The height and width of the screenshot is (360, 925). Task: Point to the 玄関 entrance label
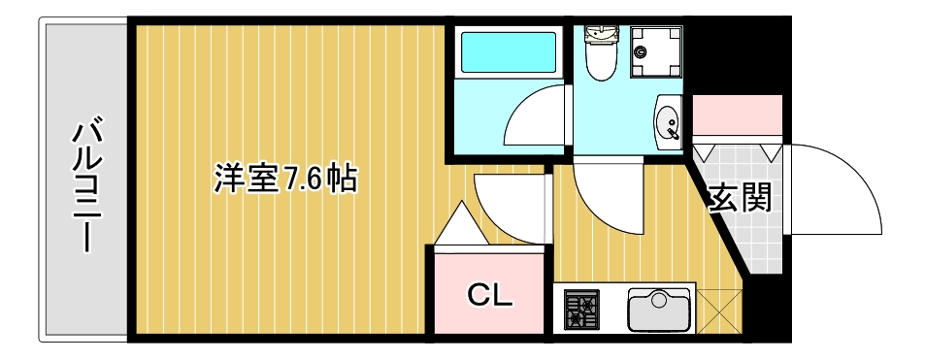tap(742, 198)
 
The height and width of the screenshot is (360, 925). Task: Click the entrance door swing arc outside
tap(835, 189)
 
